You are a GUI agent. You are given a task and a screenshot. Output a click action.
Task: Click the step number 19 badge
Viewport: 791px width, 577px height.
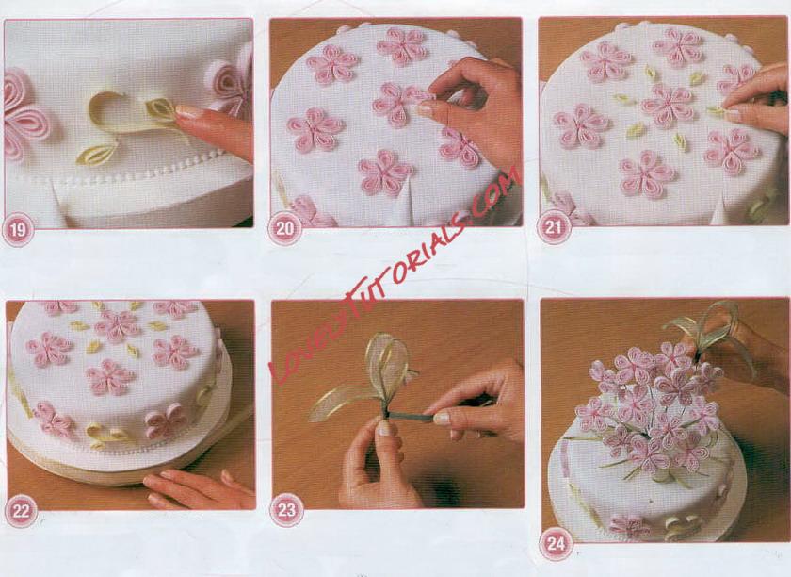[x=18, y=230]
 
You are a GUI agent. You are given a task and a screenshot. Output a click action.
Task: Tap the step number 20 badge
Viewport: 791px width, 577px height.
[x=284, y=229]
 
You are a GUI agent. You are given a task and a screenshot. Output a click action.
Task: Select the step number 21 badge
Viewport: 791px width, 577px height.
[x=554, y=228]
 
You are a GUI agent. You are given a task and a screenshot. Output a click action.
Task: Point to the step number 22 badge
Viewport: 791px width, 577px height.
[x=21, y=511]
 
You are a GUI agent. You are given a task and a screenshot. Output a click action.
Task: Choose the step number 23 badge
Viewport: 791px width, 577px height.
[x=286, y=510]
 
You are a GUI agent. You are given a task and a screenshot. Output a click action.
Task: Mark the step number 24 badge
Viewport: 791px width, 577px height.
[x=556, y=544]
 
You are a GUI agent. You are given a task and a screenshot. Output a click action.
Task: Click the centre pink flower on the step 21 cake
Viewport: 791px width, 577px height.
[x=668, y=105]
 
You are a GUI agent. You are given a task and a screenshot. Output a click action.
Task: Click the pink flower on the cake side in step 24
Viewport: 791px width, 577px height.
[x=629, y=525]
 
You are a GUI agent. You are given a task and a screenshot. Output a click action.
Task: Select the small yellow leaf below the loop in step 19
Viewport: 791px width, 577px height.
[x=97, y=155]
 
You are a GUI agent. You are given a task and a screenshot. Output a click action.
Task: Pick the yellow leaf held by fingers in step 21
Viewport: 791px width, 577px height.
[x=717, y=111]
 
